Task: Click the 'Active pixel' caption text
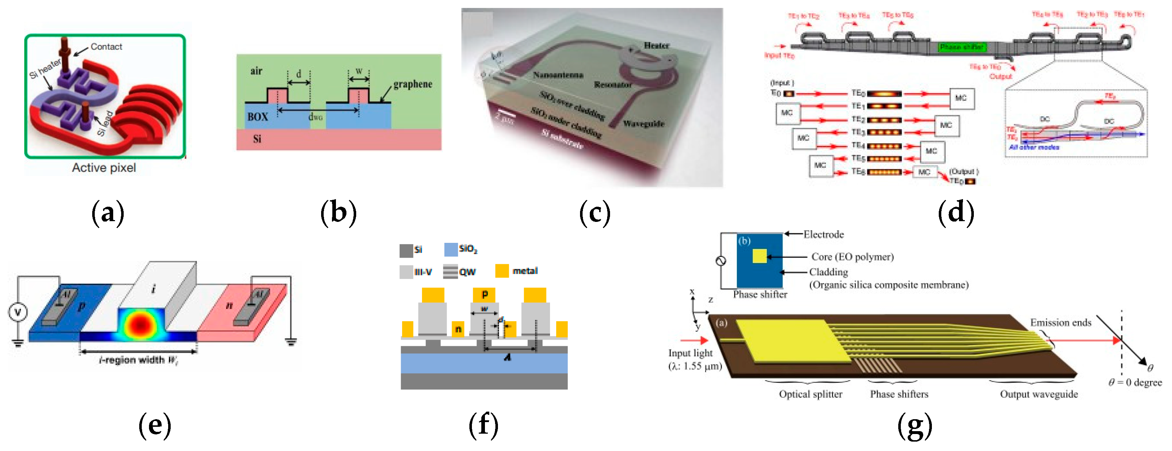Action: (104, 168)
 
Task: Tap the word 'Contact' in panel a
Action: (106, 46)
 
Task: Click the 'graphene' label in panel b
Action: (412, 84)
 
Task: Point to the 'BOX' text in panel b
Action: (257, 117)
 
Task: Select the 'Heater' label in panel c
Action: (656, 45)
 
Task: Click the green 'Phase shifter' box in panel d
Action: (961, 47)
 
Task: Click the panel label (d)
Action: (956, 212)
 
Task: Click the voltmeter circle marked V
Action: (18, 312)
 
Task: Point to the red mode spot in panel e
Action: (141, 323)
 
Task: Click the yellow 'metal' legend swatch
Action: (502, 271)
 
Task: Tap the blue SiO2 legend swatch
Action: (451, 249)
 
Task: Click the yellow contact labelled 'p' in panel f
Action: (484, 295)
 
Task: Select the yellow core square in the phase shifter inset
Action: (759, 256)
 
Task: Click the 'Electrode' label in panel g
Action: (823, 235)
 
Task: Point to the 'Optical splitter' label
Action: (810, 394)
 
